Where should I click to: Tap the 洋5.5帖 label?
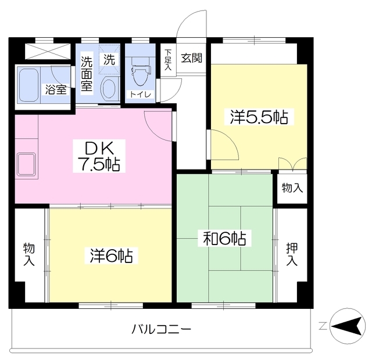[258, 118]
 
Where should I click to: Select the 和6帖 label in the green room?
[224, 238]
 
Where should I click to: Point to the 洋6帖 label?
[114, 255]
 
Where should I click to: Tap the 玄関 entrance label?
[191, 57]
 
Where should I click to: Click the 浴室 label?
[56, 90]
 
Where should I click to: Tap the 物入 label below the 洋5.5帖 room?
[292, 188]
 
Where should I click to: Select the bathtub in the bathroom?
[32, 87]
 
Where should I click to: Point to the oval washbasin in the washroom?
[108, 89]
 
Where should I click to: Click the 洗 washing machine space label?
[109, 59]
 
